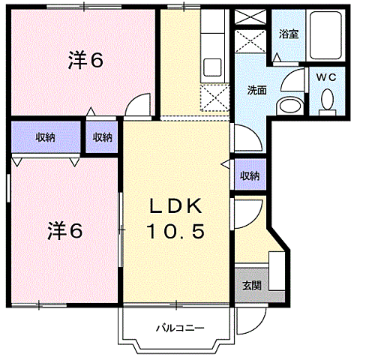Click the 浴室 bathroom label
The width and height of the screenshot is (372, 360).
point(288,34)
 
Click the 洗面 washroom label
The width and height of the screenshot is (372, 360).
point(256,90)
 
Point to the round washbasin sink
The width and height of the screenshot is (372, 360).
point(287,105)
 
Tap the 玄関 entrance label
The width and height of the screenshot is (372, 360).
point(250,285)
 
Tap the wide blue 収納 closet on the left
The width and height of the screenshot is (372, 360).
point(44,136)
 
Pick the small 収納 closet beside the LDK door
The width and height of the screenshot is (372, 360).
point(103,136)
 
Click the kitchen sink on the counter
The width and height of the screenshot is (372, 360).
point(211,68)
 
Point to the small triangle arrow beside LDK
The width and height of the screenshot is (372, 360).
point(224,163)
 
